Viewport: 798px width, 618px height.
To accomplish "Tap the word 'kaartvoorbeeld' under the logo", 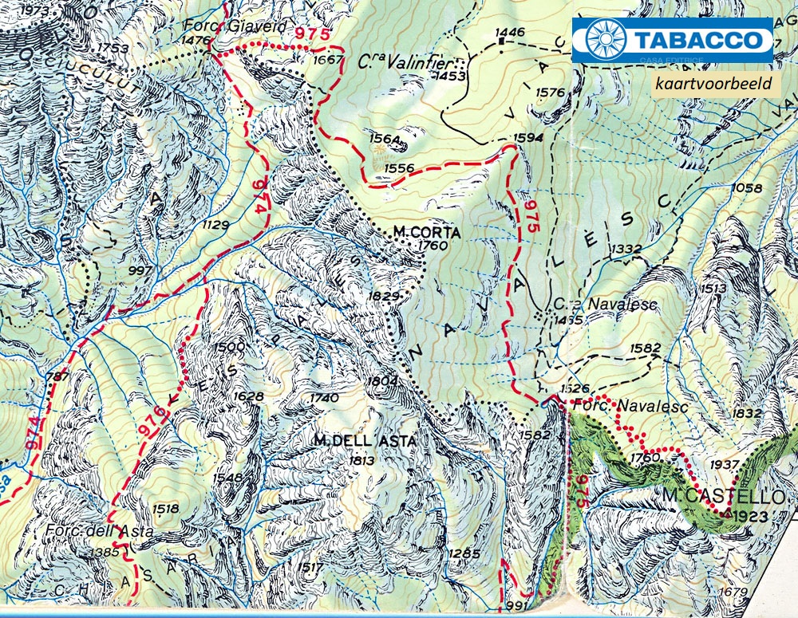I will (715, 84).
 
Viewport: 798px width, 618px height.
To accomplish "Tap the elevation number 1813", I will (362, 460).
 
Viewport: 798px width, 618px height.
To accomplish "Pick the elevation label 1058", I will (746, 187).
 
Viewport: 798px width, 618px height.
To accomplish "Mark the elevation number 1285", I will (464, 553).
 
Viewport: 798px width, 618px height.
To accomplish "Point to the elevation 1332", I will (626, 250).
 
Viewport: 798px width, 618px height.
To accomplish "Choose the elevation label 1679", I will (733, 592).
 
